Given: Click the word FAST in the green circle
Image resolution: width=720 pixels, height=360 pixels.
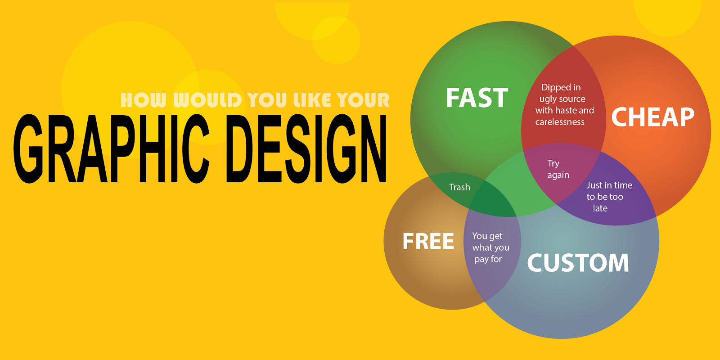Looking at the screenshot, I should (477, 98).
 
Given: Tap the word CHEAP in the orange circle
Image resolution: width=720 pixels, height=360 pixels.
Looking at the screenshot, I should (652, 117).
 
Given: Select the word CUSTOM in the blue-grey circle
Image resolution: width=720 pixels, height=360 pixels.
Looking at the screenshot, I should (578, 263).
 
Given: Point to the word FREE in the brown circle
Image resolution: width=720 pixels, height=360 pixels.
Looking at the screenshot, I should (428, 242).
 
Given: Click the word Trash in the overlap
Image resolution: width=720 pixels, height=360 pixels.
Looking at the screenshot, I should (459, 187).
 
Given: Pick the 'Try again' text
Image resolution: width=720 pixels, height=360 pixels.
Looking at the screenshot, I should (558, 169).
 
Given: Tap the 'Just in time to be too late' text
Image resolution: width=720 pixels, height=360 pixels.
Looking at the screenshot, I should (607, 197).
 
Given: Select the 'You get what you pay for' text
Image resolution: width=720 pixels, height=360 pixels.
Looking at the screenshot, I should (490, 247).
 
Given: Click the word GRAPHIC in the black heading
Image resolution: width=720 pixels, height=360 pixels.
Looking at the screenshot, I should (112, 149).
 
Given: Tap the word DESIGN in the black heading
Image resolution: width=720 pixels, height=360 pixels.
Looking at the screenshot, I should (306, 149).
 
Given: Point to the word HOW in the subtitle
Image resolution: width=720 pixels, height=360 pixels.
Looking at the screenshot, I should (144, 100).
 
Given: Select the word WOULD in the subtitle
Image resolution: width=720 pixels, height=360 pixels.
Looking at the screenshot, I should (207, 100).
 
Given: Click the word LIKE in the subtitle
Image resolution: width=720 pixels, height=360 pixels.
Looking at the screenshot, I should (312, 100).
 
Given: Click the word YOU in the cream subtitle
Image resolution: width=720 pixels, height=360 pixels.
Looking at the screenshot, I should (267, 100).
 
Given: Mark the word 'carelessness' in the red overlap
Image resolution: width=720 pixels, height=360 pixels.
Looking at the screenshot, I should (560, 122).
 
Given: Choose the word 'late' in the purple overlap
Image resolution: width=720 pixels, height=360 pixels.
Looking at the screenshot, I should (600, 208).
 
